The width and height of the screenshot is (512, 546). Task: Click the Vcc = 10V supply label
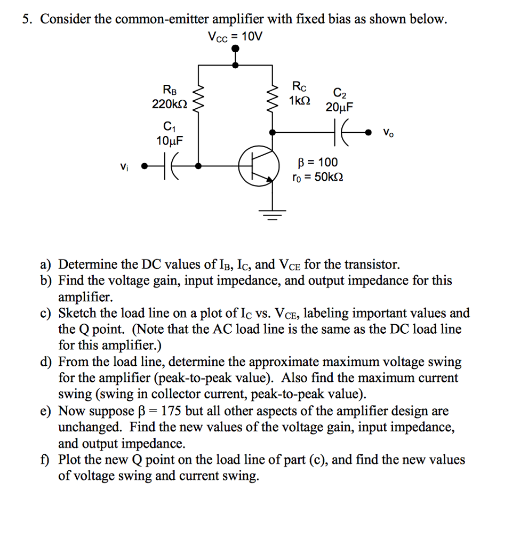[236, 37]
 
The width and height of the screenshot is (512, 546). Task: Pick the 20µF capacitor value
[339, 108]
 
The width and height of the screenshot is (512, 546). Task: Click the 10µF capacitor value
[169, 141]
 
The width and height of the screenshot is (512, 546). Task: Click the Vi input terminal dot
[143, 166]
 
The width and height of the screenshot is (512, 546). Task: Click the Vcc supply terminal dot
[236, 49]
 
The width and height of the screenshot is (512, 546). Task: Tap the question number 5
[26, 20]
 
